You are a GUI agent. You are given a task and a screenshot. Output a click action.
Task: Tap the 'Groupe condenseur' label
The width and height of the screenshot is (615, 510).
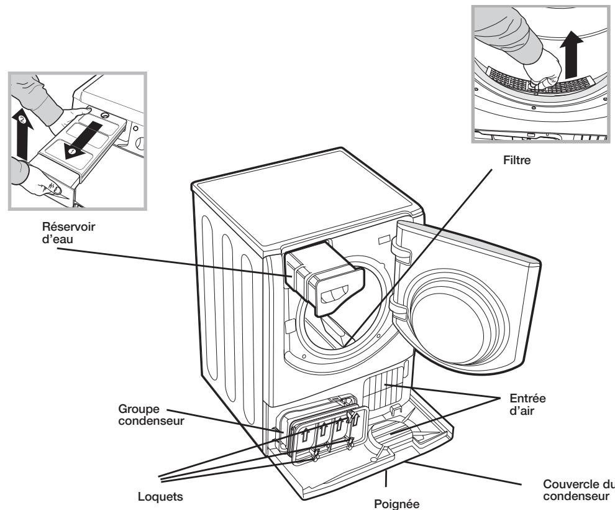click(144, 415)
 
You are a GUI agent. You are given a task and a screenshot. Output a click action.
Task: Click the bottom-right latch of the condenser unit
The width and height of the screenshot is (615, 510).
click(351, 444)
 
